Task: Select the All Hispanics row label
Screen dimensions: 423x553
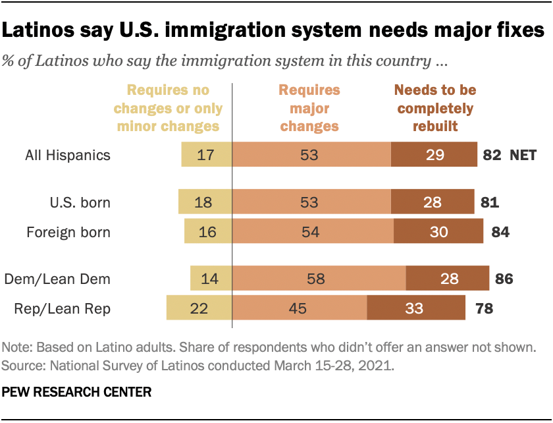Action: coord(68,155)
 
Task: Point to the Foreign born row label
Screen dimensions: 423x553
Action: coord(68,232)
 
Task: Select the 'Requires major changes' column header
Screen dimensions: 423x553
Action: coord(309,108)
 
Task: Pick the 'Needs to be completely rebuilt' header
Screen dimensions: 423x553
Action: coord(434,108)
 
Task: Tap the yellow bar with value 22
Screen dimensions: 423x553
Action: coord(199,308)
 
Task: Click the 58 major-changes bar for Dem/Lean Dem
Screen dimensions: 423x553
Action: coord(319,279)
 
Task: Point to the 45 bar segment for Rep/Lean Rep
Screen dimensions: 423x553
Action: coord(300,308)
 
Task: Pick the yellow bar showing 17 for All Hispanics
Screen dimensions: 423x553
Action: coord(207,155)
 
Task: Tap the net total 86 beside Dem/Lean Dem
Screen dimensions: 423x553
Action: coord(503,279)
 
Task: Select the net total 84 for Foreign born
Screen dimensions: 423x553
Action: coord(500,232)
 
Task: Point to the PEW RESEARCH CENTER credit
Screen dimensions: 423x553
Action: coord(77,392)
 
